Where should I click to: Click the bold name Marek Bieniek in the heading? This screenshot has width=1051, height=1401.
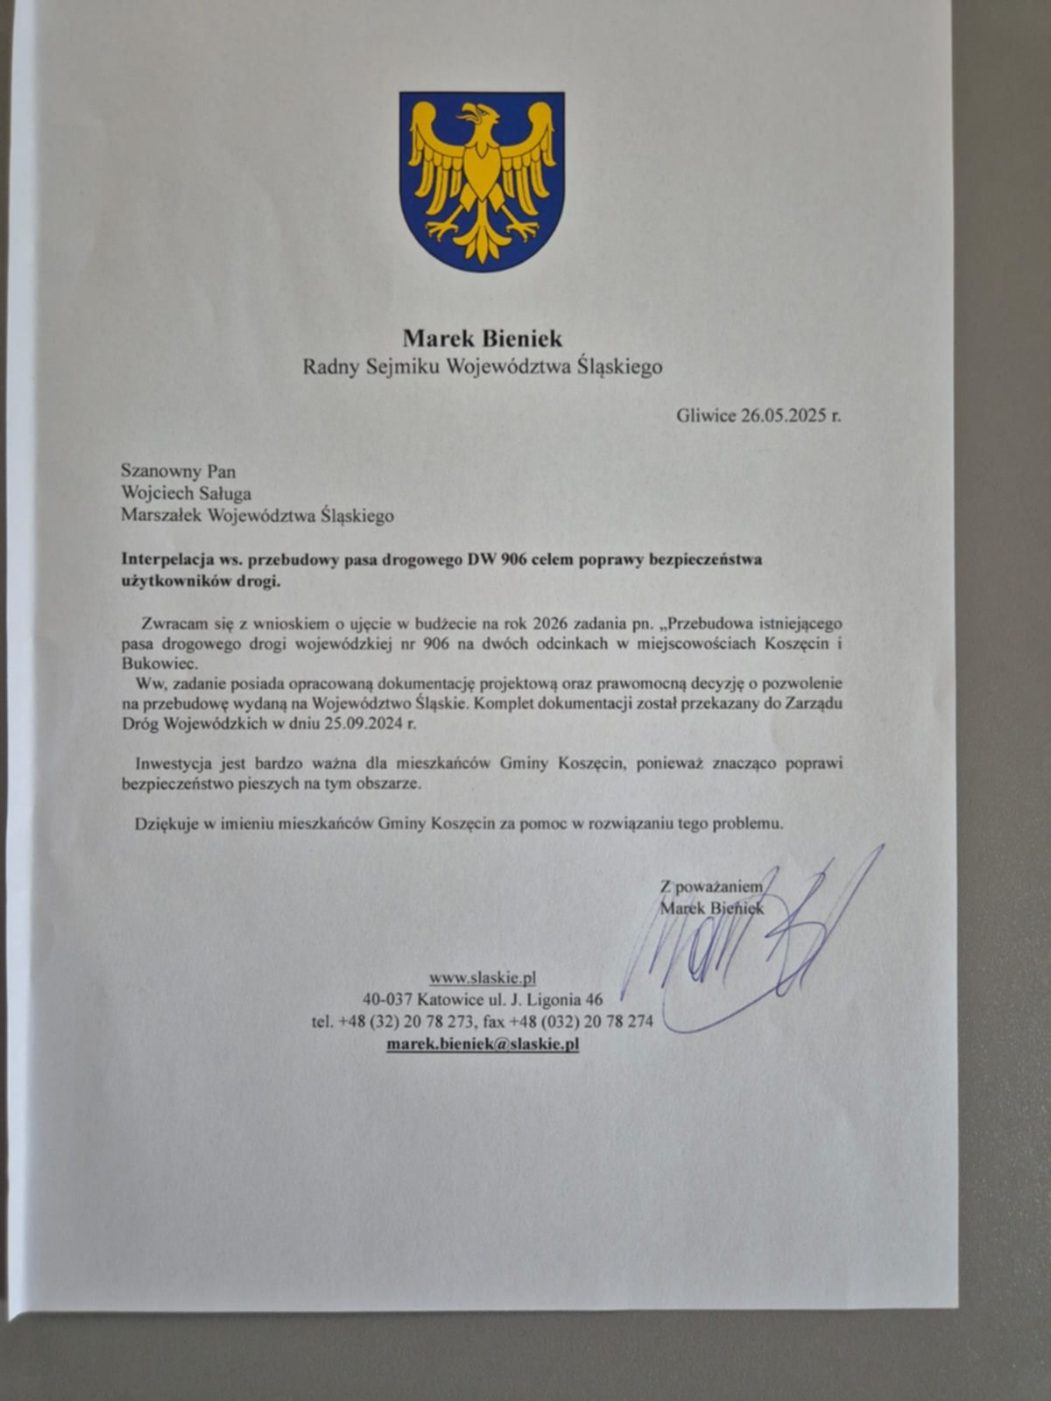[x=483, y=338]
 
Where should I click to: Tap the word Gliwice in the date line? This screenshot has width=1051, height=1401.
[x=706, y=416]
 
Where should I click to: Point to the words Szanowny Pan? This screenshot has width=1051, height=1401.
[x=179, y=471]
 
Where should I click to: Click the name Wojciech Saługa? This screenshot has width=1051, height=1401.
[x=187, y=494]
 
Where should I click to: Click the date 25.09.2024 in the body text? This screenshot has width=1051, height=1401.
[x=359, y=724]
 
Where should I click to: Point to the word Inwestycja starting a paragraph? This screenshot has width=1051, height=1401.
[x=174, y=763]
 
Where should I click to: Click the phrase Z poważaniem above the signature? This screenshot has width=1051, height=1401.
[x=711, y=886]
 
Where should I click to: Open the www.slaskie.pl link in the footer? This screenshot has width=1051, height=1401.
[x=483, y=977]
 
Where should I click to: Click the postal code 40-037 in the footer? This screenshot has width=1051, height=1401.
[x=389, y=999]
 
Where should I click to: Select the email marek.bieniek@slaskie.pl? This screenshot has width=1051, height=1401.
[x=483, y=1044]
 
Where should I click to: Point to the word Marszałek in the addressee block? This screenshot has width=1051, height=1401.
[x=161, y=516]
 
